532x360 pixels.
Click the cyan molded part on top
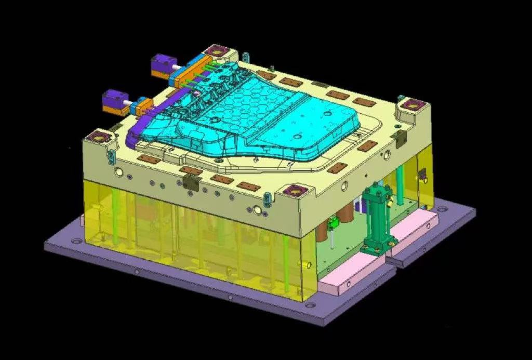click(x=260, y=114)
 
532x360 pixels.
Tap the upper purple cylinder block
click(x=163, y=66)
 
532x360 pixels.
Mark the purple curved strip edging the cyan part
click(x=136, y=130)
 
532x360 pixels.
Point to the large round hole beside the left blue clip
click(x=119, y=172)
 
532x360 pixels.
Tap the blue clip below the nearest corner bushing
click(x=267, y=199)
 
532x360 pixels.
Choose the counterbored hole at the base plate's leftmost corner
click(x=76, y=242)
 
